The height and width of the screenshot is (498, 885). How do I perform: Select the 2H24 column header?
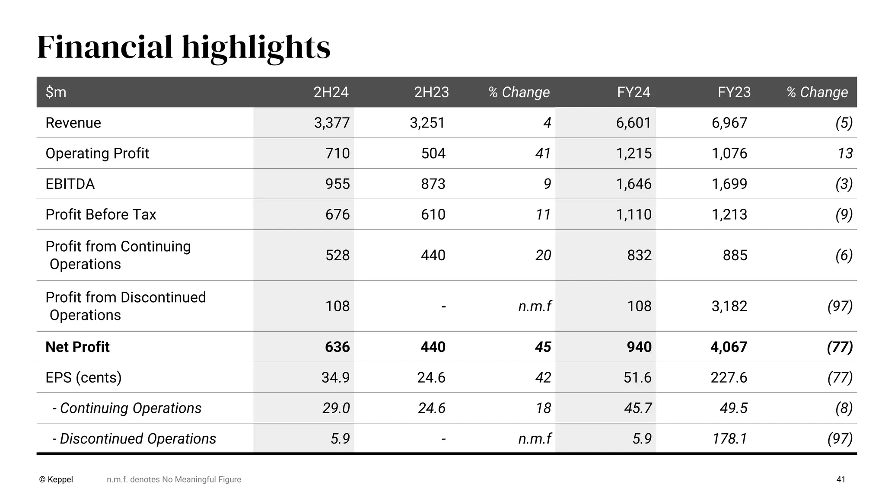331,92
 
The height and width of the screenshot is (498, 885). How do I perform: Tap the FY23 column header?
734,92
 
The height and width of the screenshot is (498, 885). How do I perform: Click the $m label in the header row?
56,92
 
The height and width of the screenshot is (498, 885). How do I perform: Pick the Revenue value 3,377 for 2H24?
331,123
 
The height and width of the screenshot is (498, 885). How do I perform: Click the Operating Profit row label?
97,153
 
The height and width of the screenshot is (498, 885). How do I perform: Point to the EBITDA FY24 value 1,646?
634,184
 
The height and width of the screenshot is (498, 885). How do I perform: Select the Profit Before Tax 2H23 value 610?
433,214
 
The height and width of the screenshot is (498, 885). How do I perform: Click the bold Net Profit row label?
78,347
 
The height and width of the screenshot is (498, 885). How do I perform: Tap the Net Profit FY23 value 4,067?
729,347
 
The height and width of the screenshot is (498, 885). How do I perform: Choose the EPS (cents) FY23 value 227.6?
729,377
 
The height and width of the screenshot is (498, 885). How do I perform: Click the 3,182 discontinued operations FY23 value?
729,306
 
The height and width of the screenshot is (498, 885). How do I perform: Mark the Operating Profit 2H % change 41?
543,153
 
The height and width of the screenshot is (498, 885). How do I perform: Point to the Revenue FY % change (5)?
844,123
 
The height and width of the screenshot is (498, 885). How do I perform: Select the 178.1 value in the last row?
729,439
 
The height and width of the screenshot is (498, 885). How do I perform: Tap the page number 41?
840,479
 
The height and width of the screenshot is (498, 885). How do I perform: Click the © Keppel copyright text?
56,479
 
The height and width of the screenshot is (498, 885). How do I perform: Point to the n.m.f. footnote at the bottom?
174,479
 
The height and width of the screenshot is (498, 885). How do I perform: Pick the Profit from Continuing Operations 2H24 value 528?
337,255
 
